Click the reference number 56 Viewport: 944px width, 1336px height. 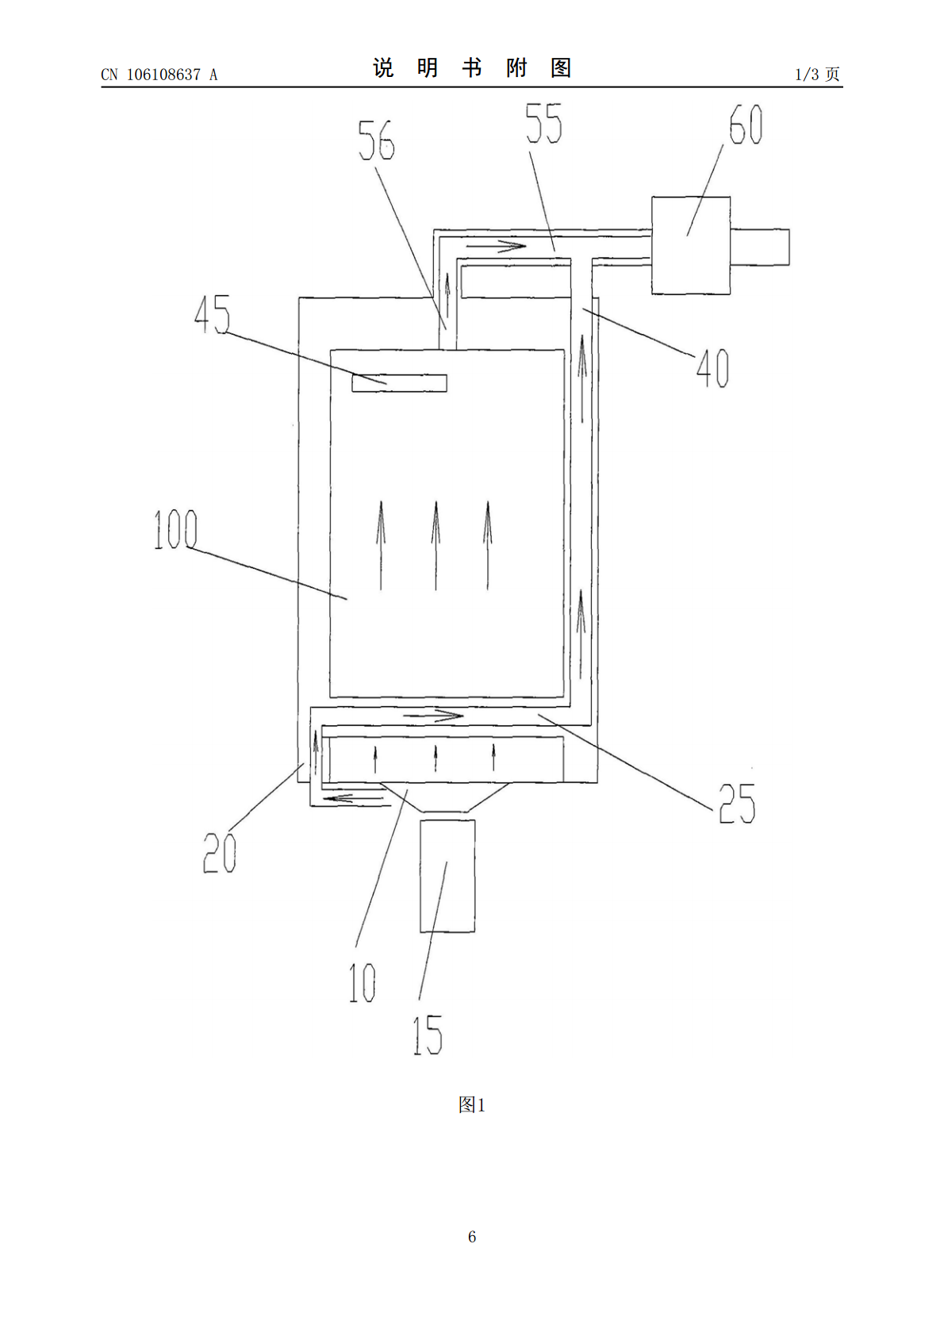376,140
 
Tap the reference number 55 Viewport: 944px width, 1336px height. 544,124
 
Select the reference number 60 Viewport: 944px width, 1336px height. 746,125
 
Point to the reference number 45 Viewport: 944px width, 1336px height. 213,314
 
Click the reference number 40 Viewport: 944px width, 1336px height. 712,368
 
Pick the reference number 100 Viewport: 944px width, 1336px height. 175,529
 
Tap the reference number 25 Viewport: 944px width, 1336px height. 737,804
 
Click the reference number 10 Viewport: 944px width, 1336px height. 362,982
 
